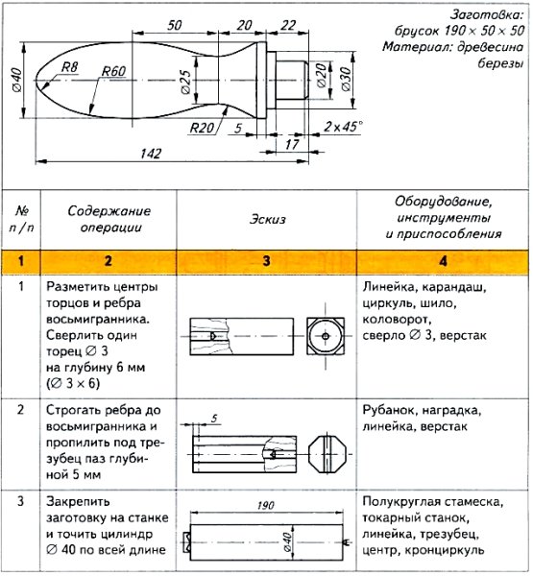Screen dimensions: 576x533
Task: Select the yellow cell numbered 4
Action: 442,260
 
